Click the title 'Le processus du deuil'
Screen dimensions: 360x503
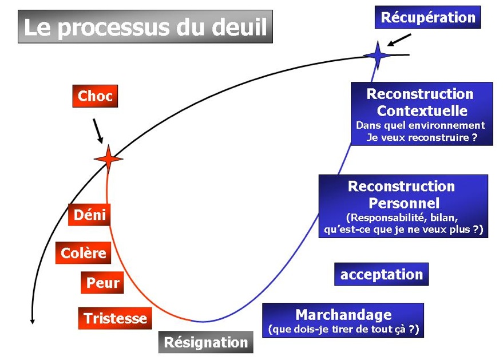tap(145, 26)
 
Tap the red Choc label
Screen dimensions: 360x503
tap(95, 96)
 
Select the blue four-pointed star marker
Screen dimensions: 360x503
tap(377, 56)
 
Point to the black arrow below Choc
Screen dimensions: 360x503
tap(98, 131)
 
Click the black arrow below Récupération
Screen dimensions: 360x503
tap(399, 39)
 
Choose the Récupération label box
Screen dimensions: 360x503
tap(427, 17)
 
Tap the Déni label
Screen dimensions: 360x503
tap(90, 215)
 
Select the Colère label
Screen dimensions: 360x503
tap(84, 252)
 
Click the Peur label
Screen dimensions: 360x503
tap(103, 282)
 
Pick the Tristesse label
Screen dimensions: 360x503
tap(115, 318)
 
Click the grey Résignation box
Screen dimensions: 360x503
tap(206, 342)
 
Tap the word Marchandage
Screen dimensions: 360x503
tap(343, 314)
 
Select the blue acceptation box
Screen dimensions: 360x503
tap(381, 274)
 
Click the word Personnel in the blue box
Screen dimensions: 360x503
tap(404, 203)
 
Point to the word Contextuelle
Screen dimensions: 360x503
tap(422, 110)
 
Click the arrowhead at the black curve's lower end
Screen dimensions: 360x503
tap(32, 321)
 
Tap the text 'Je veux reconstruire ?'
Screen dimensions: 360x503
tap(422, 138)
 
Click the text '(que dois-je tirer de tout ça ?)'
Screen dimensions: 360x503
tap(343, 329)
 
